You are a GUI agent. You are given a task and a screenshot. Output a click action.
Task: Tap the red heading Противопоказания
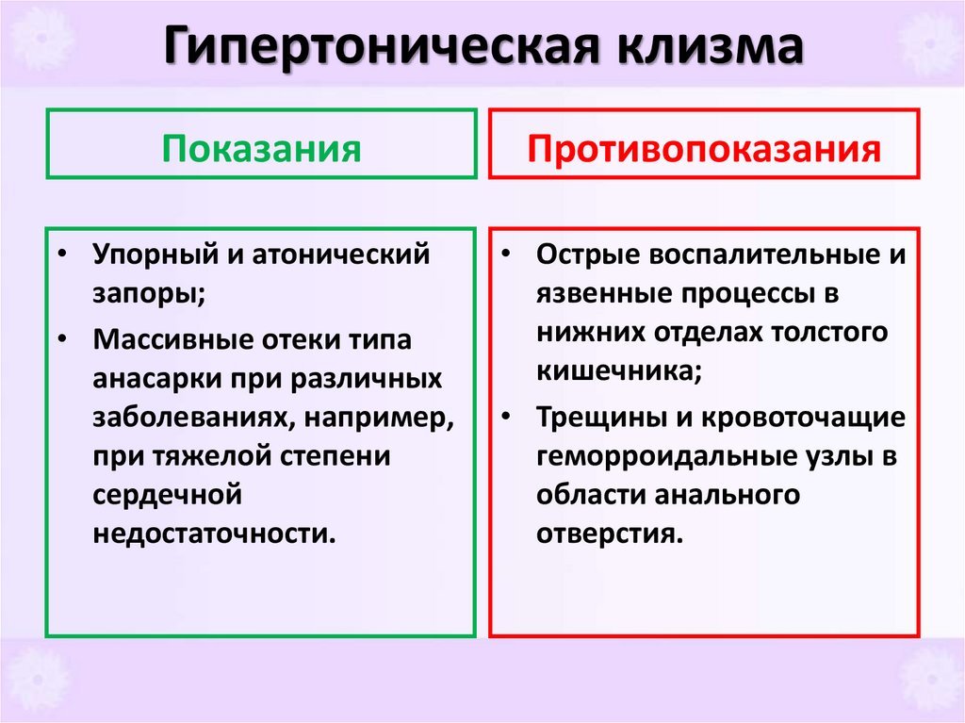tap(704, 149)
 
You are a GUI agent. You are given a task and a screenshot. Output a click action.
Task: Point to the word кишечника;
tap(618, 370)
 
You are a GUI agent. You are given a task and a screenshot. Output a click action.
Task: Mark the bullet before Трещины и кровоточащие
tap(506, 417)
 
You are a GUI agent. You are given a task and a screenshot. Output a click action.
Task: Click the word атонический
tap(338, 255)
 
